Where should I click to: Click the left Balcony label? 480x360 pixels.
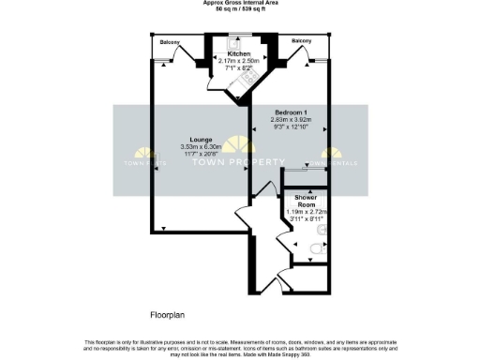click(169, 42)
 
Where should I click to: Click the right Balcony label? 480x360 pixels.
click(301, 41)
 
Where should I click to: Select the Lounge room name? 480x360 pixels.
click(200, 140)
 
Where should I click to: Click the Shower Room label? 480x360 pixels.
click(306, 202)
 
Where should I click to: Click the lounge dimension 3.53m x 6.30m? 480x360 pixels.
click(200, 147)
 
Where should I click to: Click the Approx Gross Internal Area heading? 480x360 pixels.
click(240, 4)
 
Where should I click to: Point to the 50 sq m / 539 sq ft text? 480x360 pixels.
click(240, 10)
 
